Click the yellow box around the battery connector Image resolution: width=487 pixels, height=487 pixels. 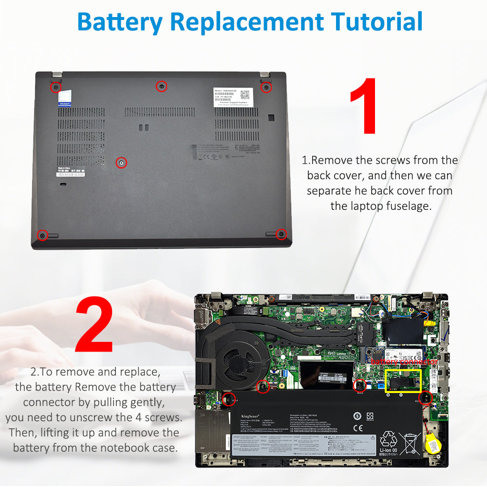pyautogui.click(x=403, y=381)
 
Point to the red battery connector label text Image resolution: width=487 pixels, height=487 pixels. pyautogui.click(x=404, y=362)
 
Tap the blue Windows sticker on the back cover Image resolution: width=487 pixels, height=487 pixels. pyautogui.click(x=64, y=99)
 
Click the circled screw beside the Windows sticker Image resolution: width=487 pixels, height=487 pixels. pyautogui.click(x=56, y=87)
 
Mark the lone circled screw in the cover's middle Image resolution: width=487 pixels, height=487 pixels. pyautogui.click(x=121, y=162)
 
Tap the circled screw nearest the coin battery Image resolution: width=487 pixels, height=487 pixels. pyautogui.click(x=425, y=398)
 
